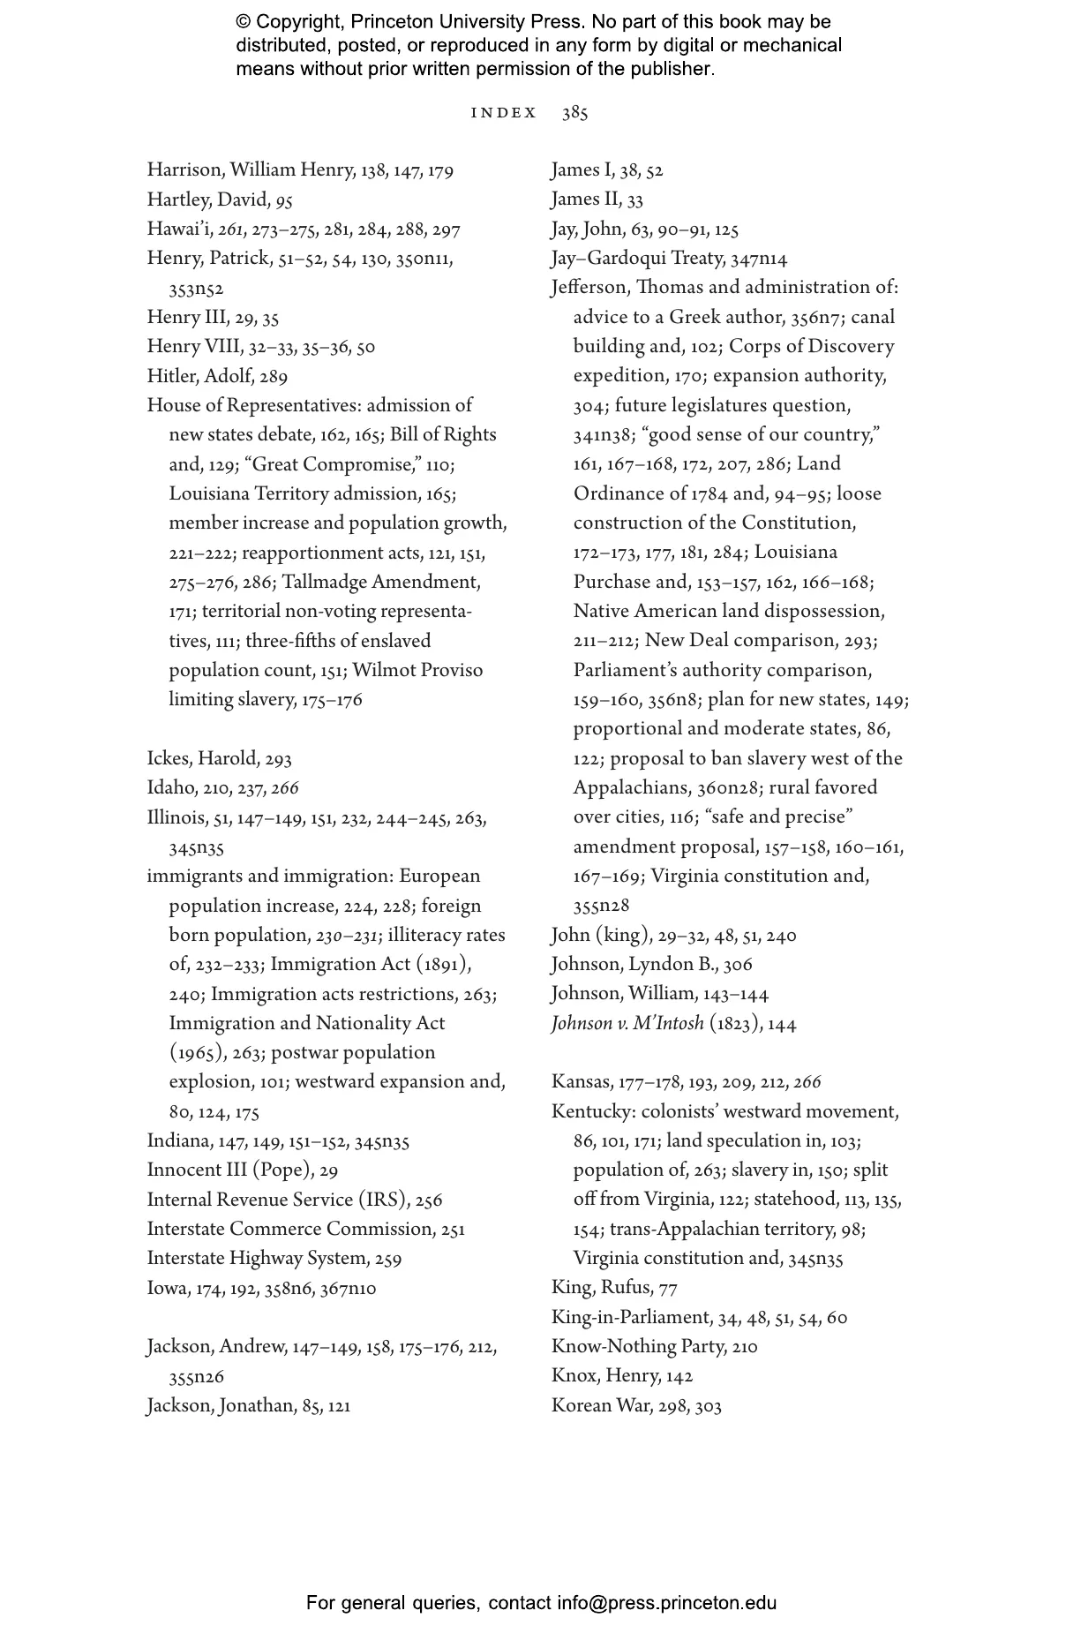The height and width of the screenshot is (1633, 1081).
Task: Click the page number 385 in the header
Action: tap(574, 113)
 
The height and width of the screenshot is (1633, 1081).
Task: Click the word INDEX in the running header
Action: tap(504, 113)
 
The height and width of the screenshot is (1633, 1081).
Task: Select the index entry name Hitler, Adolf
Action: tap(200, 377)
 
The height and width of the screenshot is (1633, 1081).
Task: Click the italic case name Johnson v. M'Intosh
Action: tap(627, 1024)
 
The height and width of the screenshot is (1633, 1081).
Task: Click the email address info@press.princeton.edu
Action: tap(666, 1603)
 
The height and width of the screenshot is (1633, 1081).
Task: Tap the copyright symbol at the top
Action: tap(244, 22)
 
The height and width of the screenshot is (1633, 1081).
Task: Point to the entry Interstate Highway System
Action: tap(257, 1259)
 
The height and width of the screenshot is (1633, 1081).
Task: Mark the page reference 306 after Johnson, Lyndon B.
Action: tap(738, 965)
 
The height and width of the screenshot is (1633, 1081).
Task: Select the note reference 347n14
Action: tap(759, 259)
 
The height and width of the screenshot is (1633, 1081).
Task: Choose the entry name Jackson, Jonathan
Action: tap(221, 1406)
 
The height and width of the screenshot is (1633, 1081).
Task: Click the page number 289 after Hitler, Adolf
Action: tap(274, 377)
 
